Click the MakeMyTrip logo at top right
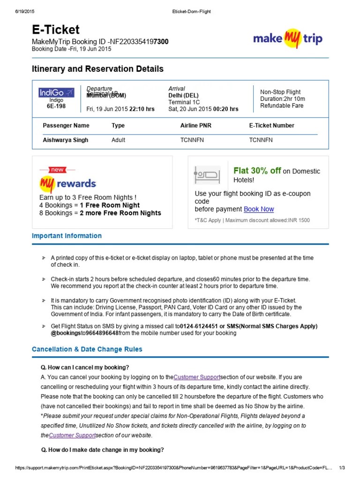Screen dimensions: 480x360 coord(288,38)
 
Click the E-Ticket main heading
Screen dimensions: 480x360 coord(56,30)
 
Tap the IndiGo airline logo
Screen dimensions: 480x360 coord(56,93)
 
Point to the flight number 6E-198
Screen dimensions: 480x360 coord(56,106)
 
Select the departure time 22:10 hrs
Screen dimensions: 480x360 coord(142,109)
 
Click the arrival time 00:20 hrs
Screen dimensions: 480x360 coord(226,109)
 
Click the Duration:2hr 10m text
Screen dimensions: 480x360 coord(283,99)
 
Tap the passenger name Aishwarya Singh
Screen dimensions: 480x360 coord(66,140)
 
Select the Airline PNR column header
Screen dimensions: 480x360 coord(197,126)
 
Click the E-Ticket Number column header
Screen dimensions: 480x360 coord(271,126)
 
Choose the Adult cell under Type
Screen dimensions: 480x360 coord(118,140)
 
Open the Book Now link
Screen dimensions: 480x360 coord(259,209)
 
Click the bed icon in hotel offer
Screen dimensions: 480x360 coord(207,175)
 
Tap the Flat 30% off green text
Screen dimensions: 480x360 coord(257,171)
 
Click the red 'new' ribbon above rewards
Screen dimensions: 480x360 coord(57,170)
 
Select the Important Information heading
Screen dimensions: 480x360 coord(67,236)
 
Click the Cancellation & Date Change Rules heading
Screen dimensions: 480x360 coord(87,349)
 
